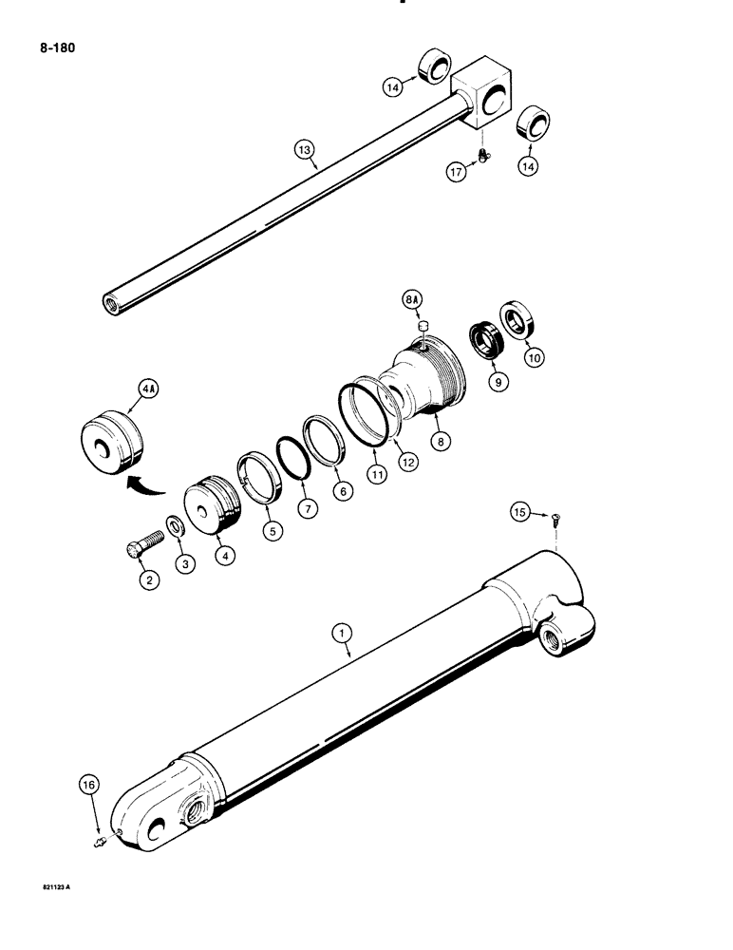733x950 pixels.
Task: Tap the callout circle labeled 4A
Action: [150, 388]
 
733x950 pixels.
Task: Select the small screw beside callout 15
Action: [554, 518]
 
